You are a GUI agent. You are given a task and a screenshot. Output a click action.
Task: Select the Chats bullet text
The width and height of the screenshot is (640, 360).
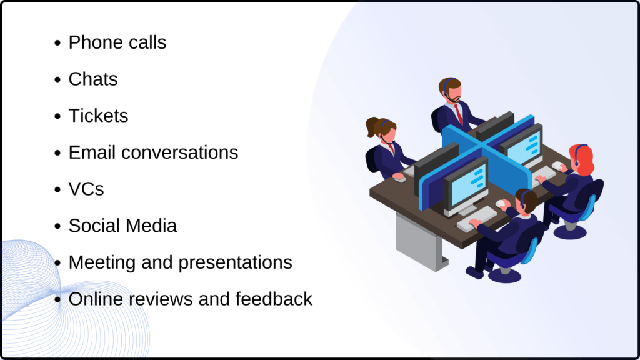tap(93, 79)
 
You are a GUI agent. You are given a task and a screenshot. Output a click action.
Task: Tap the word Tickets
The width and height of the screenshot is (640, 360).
tap(98, 116)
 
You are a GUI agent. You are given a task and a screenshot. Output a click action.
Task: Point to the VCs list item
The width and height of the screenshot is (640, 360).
tap(86, 189)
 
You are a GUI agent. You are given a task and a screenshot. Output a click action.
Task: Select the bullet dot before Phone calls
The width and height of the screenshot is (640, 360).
tap(57, 44)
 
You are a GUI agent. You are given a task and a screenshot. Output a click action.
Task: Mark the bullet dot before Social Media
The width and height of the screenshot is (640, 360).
tap(57, 226)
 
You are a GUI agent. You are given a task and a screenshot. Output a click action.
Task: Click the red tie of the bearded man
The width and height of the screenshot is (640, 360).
tap(459, 114)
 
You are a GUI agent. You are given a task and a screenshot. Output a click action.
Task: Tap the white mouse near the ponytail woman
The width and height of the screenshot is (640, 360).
tap(399, 178)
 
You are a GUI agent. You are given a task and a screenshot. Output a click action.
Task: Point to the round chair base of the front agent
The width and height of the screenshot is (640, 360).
tap(504, 275)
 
